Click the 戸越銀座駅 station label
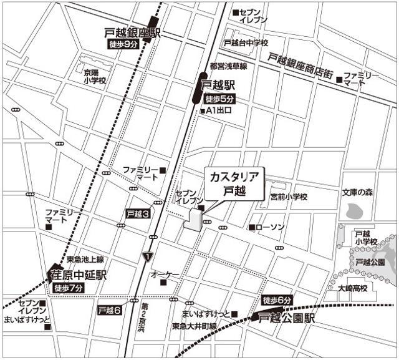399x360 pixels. click(132, 32)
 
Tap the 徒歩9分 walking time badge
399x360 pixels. click(123, 44)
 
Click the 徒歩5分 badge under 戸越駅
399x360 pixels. click(220, 99)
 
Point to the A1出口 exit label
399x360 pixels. click(219, 111)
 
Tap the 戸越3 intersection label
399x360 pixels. click(138, 213)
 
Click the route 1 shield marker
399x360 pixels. click(147, 256)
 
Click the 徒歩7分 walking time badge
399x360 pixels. click(69, 288)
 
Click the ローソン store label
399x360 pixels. click(269, 227)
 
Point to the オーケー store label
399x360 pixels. click(165, 275)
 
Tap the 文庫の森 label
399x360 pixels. click(357, 193)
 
